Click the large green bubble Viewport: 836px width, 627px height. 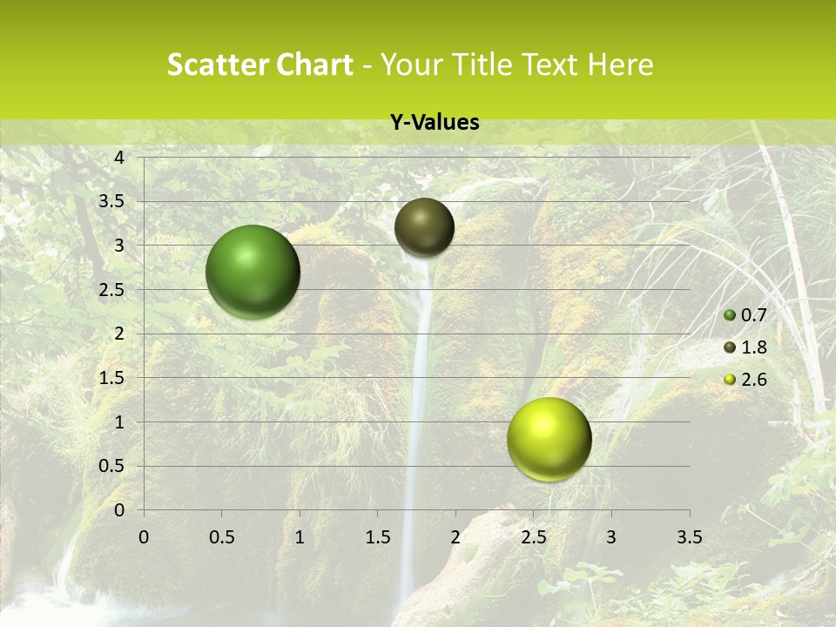coord(253,272)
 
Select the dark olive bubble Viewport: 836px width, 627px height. coord(424,227)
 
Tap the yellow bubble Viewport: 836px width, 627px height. coord(549,439)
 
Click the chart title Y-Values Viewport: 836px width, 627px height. coord(435,123)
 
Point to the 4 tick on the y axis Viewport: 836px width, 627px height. coord(119,158)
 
